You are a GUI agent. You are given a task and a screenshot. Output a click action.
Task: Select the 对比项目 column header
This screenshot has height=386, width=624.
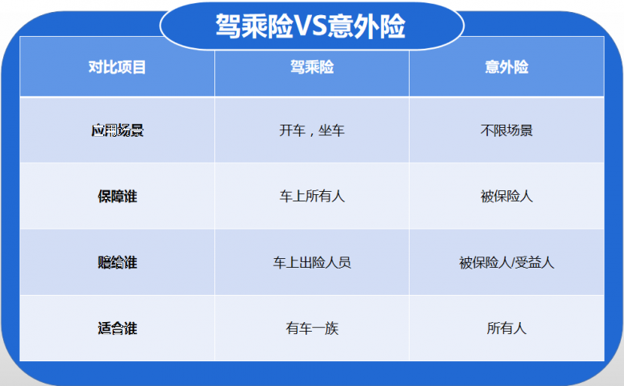tap(118, 68)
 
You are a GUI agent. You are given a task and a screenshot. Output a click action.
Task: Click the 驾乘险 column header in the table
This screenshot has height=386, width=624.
tap(312, 68)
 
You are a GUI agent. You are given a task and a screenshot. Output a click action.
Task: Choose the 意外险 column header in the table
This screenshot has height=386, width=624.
tap(506, 68)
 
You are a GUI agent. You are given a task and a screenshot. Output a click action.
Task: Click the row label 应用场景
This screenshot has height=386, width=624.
tap(118, 131)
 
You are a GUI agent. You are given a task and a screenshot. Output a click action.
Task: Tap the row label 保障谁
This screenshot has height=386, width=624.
tap(118, 197)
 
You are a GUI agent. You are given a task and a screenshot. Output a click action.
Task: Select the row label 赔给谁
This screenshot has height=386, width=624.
tap(118, 262)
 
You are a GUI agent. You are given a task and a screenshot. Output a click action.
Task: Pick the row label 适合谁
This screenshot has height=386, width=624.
tap(118, 328)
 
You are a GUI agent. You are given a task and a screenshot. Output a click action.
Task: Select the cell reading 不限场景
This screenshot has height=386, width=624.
tap(506, 131)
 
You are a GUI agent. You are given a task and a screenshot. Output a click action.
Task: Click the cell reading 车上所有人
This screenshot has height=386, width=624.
tap(312, 197)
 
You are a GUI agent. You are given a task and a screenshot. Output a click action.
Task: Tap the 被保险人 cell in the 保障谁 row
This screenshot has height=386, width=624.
tap(506, 197)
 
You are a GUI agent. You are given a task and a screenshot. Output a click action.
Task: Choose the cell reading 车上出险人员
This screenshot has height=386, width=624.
tap(312, 262)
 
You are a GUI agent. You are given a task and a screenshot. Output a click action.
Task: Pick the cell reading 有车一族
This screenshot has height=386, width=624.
tap(312, 328)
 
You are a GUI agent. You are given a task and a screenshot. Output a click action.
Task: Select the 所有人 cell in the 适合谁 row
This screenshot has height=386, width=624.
tap(506, 328)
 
